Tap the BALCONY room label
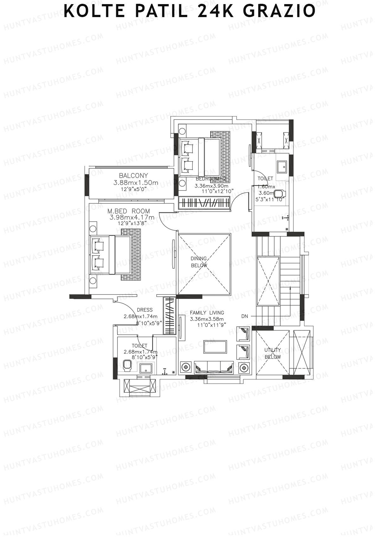[x=133, y=176]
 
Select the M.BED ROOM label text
[x=129, y=211]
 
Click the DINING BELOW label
[x=199, y=262]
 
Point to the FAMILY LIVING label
[x=207, y=313]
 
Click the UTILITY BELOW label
[x=273, y=353]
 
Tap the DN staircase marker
[x=244, y=316]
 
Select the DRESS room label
[x=145, y=310]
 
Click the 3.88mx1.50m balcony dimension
[x=136, y=183]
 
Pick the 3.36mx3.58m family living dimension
[x=207, y=319]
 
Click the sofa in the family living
[x=214, y=368]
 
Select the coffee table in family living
[x=215, y=347]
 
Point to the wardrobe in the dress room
[x=169, y=315]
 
